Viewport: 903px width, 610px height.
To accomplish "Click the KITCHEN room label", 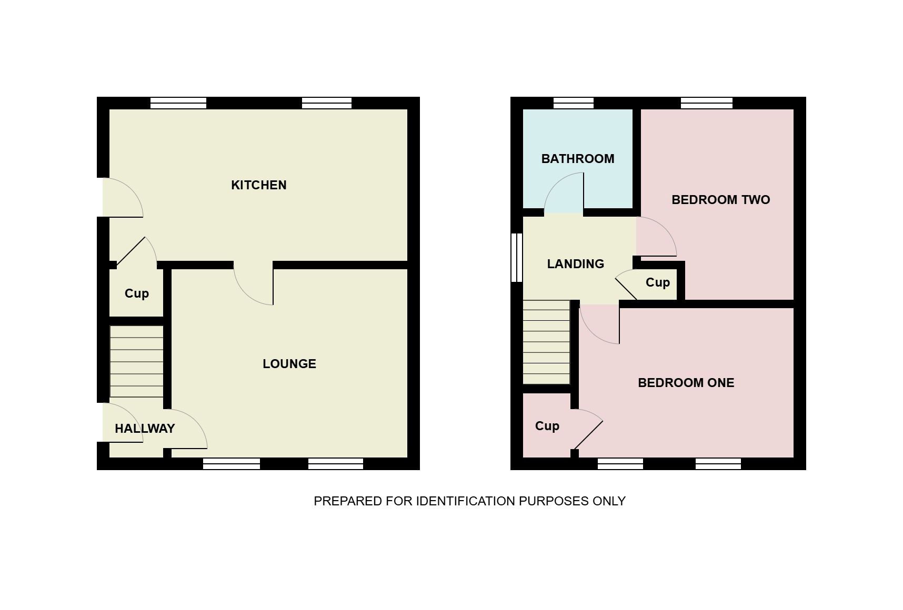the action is [x=259, y=185].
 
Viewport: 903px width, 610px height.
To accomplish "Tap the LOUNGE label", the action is [x=289, y=364].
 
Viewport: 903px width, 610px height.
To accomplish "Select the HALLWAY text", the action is [x=145, y=429].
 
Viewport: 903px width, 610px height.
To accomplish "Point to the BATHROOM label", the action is [x=578, y=159].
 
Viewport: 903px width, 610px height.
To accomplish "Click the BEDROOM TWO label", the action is [x=721, y=200].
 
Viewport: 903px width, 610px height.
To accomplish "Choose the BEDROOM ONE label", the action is [x=686, y=383].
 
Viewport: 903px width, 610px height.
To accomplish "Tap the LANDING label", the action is [x=576, y=264].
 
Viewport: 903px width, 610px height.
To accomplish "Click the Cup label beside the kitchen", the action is [x=137, y=293].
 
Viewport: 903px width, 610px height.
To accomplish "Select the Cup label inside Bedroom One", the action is [x=547, y=426].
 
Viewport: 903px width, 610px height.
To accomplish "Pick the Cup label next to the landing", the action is [x=658, y=282].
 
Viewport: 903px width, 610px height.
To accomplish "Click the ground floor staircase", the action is [x=136, y=362].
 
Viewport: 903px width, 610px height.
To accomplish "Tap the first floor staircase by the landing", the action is [x=547, y=342].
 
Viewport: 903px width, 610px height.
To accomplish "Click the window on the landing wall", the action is [x=517, y=258].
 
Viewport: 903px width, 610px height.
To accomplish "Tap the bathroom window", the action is [x=574, y=103].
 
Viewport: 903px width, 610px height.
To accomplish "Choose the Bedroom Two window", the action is [x=707, y=103].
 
